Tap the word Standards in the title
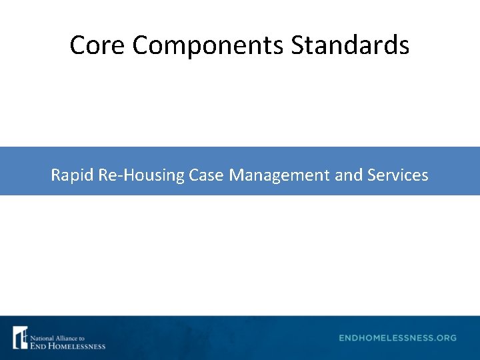point(350,45)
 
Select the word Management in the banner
point(279,175)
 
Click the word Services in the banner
point(398,175)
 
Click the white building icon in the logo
point(21,337)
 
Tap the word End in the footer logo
point(38,345)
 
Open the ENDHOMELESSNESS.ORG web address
point(397,338)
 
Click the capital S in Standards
point(297,45)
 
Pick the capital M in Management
point(235,175)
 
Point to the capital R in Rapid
point(55,175)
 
